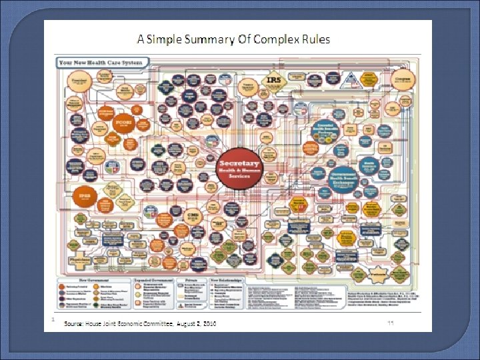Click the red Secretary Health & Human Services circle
pos(240,166)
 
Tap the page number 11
pos(392,322)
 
